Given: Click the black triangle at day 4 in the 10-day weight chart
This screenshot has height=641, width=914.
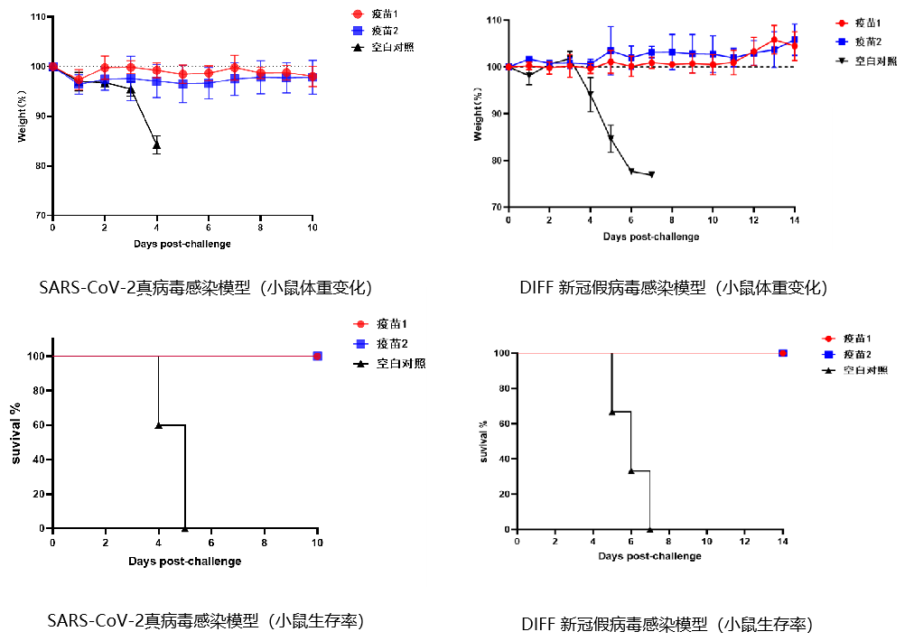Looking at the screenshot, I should pyautogui.click(x=157, y=144).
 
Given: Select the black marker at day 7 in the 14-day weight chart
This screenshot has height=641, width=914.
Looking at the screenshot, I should pyautogui.click(x=651, y=174).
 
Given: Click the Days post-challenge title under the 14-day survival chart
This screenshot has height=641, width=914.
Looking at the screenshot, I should pyautogui.click(x=649, y=555).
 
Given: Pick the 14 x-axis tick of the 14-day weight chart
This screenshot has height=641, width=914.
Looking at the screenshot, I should pyautogui.click(x=794, y=220).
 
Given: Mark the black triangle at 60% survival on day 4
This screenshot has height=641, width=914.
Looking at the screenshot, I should pyautogui.click(x=159, y=424).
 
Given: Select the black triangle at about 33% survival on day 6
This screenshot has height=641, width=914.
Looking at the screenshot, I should pyautogui.click(x=630, y=470).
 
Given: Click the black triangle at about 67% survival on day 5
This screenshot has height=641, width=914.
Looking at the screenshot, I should pyautogui.click(x=612, y=412).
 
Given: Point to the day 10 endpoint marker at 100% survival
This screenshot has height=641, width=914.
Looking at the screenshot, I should pyautogui.click(x=317, y=356).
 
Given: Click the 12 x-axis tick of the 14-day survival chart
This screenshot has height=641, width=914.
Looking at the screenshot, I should pyautogui.click(x=744, y=542).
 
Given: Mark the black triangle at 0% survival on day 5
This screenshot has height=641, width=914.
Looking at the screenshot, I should pyautogui.click(x=185, y=528).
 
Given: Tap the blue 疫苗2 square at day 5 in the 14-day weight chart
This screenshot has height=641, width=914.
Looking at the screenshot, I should pyautogui.click(x=611, y=51).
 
